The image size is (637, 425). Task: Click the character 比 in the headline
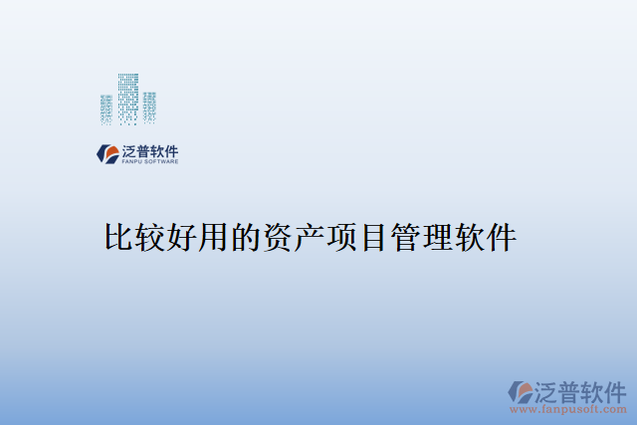pos(120,237)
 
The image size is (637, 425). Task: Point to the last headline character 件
pos(501,237)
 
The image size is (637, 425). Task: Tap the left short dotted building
pos(106,108)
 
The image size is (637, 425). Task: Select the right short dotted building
pos(150,107)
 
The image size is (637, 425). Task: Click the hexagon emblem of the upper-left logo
pos(106,153)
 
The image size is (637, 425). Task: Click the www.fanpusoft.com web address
pos(568,408)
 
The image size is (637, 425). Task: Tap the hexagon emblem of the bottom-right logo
pos(521,391)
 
